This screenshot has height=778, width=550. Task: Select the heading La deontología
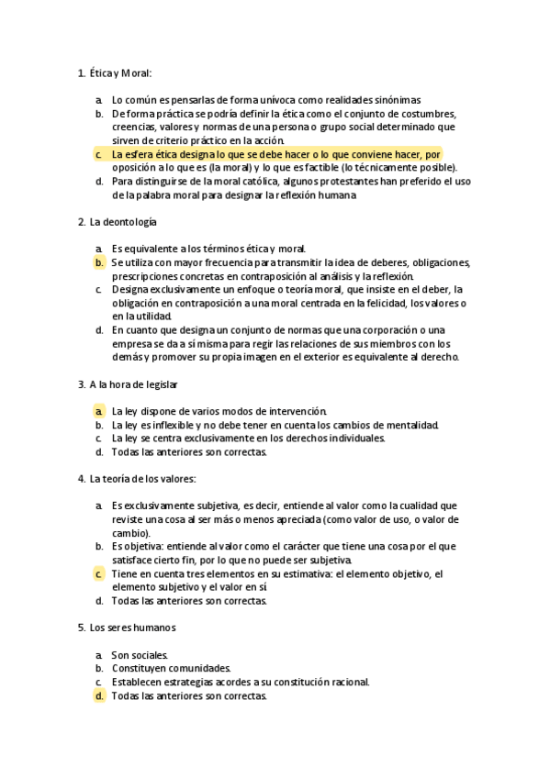pos(123,221)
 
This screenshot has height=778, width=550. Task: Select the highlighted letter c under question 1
pos(98,155)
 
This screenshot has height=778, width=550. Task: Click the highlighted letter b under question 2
pos(98,262)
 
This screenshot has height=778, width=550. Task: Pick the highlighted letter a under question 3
pos(98,411)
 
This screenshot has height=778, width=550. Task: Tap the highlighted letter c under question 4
pos(98,574)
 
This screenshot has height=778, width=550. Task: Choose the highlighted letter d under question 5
pos(98,696)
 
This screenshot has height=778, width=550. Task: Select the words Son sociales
pos(140,655)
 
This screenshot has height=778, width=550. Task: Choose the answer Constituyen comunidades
pos(171,669)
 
